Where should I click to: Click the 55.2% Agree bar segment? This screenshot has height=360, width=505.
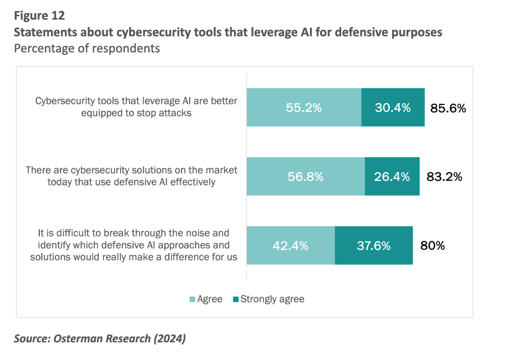(304, 107)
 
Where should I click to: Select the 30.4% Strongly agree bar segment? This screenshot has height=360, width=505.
(393, 107)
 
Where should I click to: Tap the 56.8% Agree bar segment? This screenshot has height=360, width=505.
(306, 176)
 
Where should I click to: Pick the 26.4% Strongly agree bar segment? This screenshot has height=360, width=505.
(392, 176)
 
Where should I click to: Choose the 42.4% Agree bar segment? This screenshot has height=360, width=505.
(291, 245)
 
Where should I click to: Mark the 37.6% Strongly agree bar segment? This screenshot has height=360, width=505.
(374, 245)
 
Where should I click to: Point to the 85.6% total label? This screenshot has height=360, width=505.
(448, 108)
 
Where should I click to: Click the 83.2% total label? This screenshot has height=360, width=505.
(444, 176)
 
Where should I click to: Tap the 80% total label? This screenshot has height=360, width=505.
(432, 246)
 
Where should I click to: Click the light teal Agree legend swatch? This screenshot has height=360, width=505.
(193, 299)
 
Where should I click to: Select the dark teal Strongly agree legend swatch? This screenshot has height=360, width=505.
(236, 299)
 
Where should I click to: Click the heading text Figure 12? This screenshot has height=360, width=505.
(39, 16)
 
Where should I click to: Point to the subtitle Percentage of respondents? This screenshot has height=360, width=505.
(87, 48)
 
